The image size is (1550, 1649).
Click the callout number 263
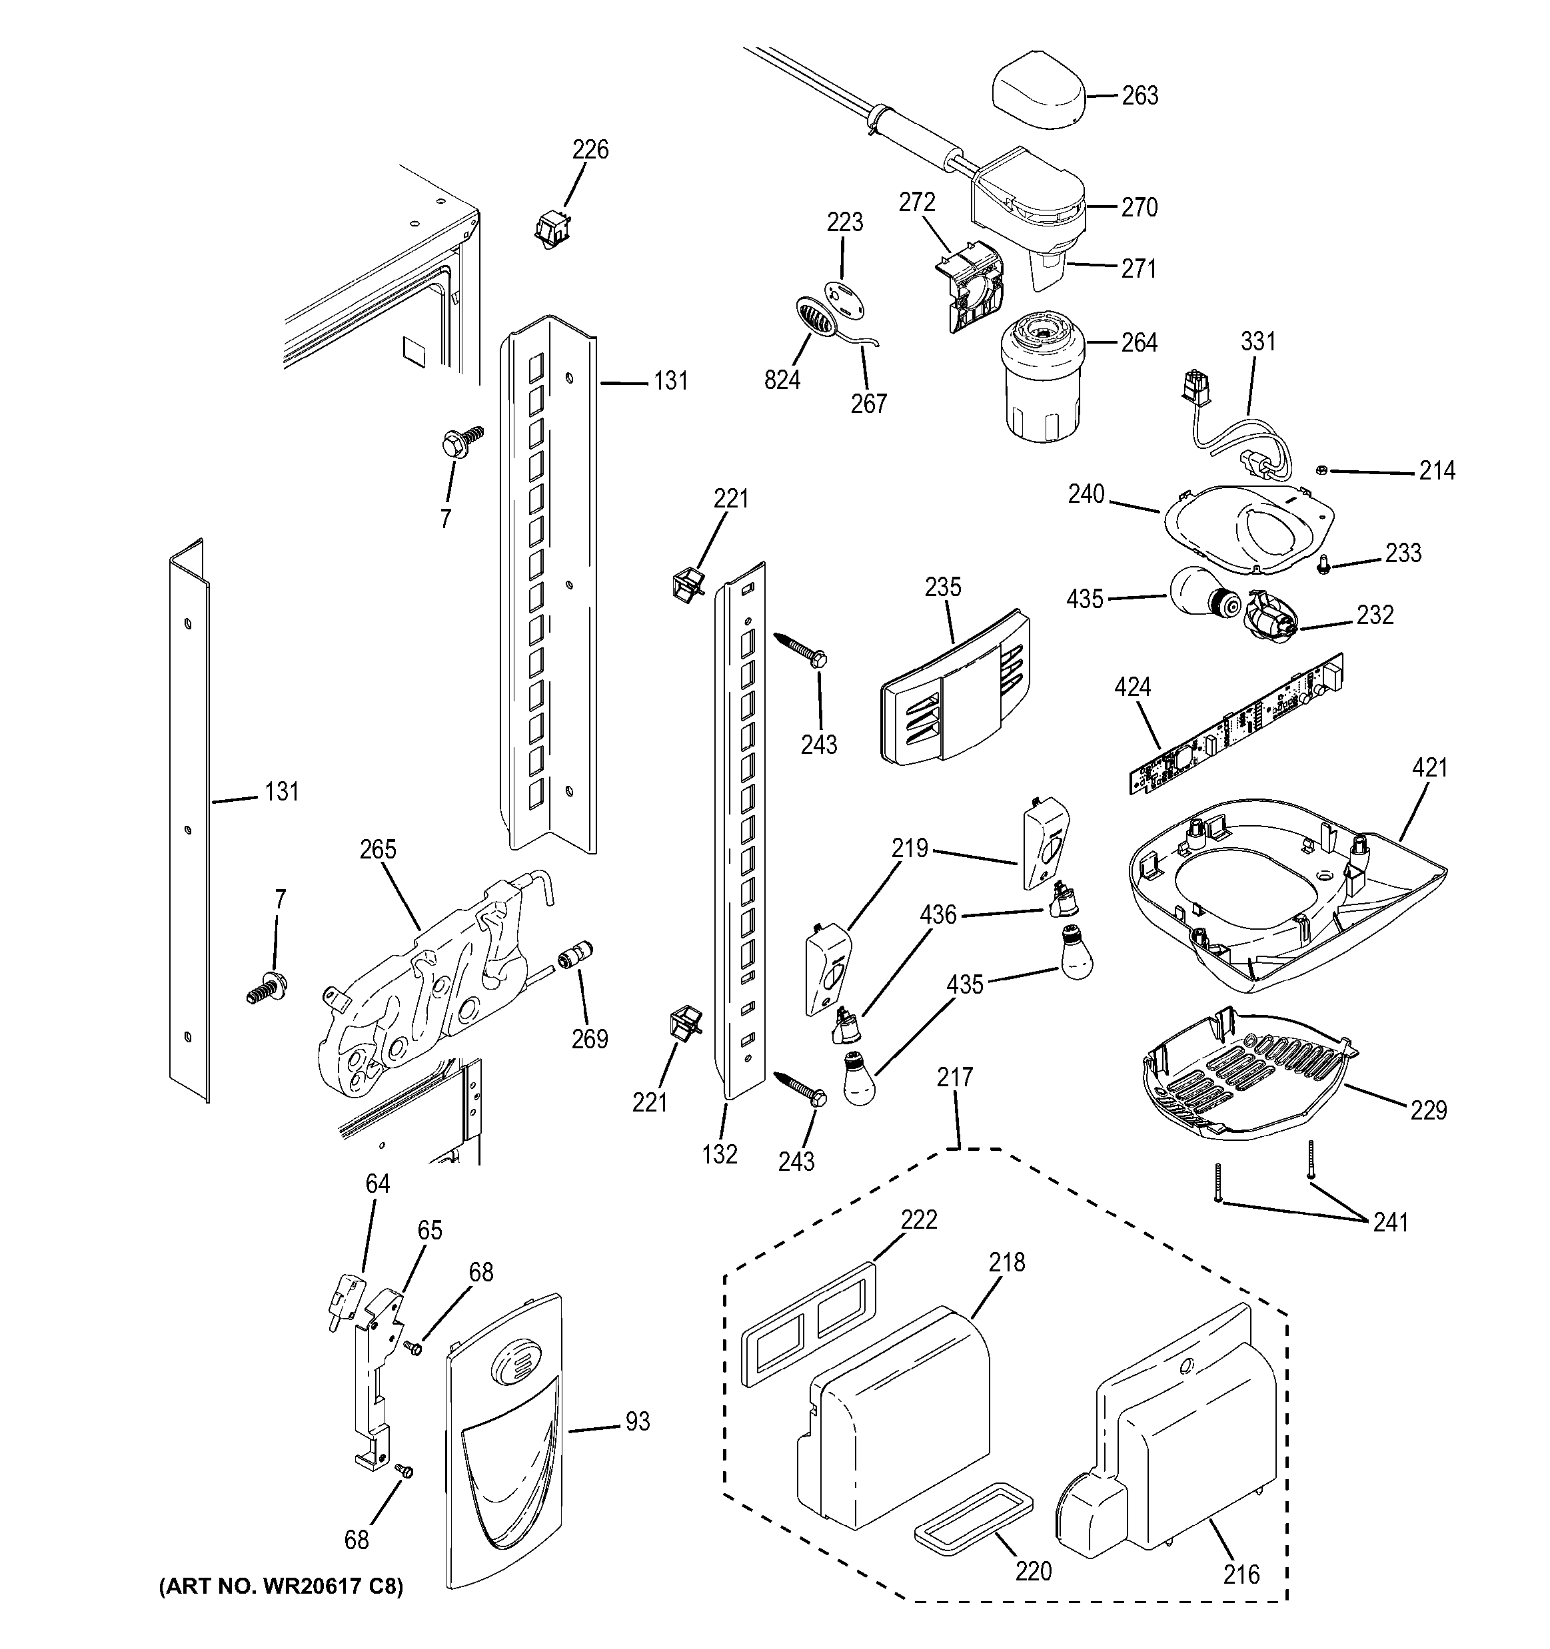(x=1140, y=96)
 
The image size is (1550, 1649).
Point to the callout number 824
(x=782, y=380)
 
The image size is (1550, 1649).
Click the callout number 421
(x=1429, y=768)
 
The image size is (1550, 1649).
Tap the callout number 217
(x=954, y=1078)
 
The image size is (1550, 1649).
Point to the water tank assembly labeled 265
(x=423, y=996)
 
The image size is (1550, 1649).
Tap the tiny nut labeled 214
(x=1323, y=471)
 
